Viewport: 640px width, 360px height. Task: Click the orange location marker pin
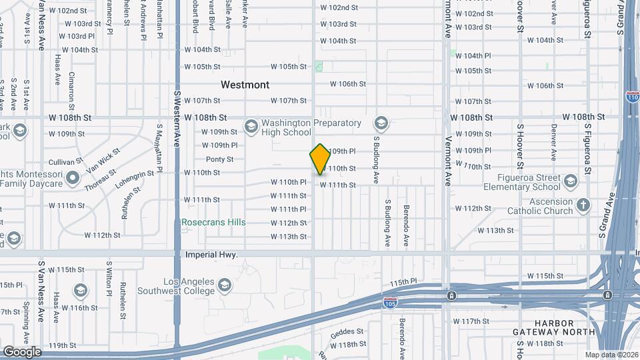320,159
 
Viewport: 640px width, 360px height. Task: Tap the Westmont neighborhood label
245,85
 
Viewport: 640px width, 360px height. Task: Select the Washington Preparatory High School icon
251,126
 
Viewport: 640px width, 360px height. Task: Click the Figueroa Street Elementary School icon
570,181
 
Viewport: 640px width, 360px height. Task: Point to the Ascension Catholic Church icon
583,205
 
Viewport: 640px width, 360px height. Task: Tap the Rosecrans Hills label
213,222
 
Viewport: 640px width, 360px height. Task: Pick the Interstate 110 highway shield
633,97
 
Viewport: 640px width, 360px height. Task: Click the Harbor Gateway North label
554,327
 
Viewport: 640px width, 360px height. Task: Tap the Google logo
21,351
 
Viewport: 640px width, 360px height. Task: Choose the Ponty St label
219,159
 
